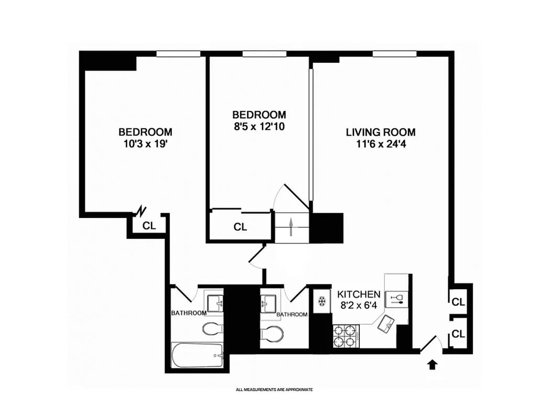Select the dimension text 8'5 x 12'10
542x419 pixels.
pos(259,126)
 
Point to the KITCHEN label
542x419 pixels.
pos(359,294)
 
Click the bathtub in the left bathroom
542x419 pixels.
pos(197,356)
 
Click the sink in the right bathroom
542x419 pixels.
pos(270,303)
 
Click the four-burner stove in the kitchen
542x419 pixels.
pos(345,336)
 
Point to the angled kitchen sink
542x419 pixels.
pos(388,324)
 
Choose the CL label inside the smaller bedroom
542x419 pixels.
pos(240,227)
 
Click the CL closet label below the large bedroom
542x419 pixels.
pos(149,226)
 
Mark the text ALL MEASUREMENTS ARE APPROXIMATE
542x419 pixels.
pos(274,390)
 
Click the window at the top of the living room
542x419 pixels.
pos(394,53)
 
